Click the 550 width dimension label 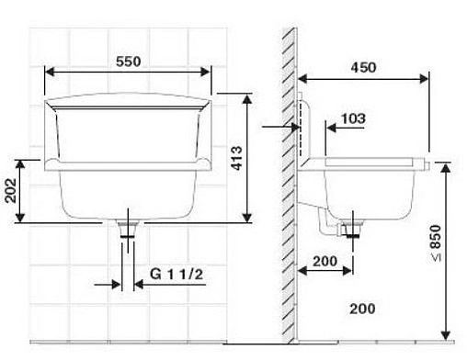pos(129,62)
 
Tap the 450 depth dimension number pos(363,67)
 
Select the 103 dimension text pos(353,118)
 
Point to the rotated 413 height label pos(237,158)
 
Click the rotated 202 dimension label pos(11,190)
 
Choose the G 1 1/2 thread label pos(177,274)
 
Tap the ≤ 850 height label pos(435,243)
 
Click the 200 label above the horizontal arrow pos(325,261)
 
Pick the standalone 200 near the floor pos(362,309)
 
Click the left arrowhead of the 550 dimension pos(50,73)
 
